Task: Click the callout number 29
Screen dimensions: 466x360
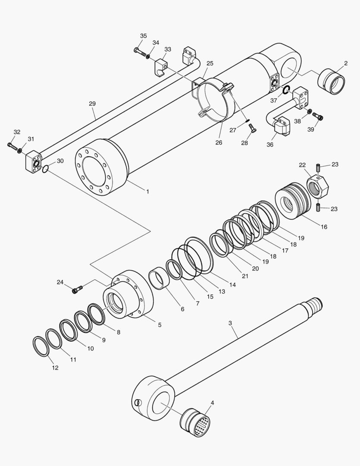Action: coord(92,104)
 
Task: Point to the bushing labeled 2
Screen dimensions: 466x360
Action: coord(332,81)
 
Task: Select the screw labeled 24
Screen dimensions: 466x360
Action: coord(77,290)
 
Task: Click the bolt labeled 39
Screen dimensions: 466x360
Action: coord(319,116)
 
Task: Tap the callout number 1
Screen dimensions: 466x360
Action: coord(147,191)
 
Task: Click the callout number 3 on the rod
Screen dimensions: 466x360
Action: coord(230,323)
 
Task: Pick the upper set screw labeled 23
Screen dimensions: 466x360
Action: coord(318,167)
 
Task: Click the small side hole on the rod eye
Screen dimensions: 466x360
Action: coord(138,403)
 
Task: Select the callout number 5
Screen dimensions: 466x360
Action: coord(160,324)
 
